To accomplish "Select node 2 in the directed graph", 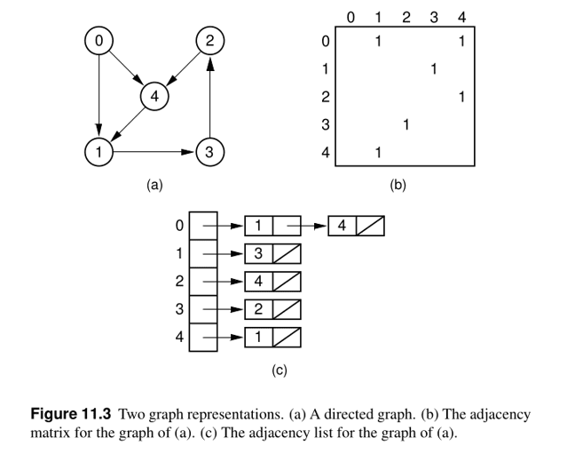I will coord(209,41).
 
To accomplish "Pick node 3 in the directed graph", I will coord(209,152).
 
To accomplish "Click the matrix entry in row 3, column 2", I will coord(406,124).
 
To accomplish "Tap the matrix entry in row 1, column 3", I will coord(433,68).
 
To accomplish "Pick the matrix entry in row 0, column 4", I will coord(461,41).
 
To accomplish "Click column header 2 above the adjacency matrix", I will coord(406,16).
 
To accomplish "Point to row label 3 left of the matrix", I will coord(326,124).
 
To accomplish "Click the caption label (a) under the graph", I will coord(154,186).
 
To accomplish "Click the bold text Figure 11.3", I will coord(72,414).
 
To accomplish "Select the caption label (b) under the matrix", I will coord(398,186).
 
